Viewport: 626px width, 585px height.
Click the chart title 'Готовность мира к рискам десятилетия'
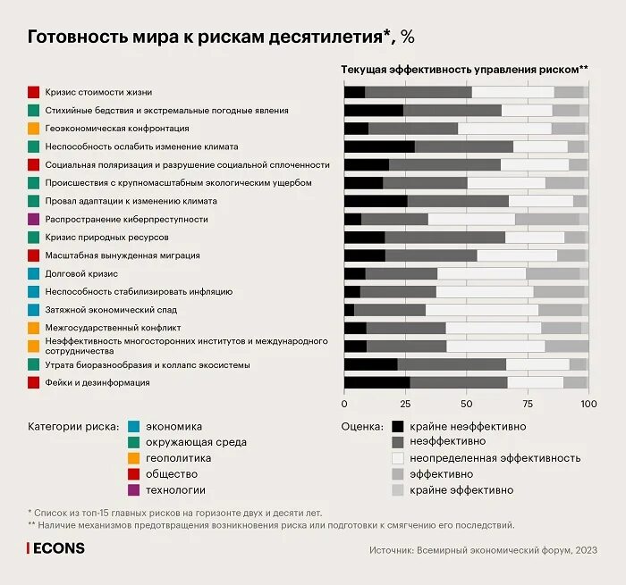[x=220, y=37]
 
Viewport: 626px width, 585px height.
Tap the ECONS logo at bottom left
[x=55, y=547]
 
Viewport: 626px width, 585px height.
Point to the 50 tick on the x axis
[x=466, y=404]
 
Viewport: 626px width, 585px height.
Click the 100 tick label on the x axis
[x=588, y=404]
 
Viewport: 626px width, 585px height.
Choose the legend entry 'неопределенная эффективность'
[x=495, y=458]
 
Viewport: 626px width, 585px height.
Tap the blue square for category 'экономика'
[x=133, y=426]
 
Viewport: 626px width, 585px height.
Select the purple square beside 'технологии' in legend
[x=133, y=489]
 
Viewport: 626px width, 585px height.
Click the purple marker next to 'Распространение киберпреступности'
[x=33, y=219]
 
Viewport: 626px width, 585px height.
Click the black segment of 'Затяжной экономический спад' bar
[x=349, y=310]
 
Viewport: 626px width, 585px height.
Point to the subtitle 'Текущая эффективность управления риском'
[x=464, y=69]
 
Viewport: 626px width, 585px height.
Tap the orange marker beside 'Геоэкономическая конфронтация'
[x=33, y=129]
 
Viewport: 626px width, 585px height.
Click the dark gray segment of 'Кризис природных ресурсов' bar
[x=444, y=238]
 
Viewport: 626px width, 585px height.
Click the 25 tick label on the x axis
[x=404, y=404]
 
